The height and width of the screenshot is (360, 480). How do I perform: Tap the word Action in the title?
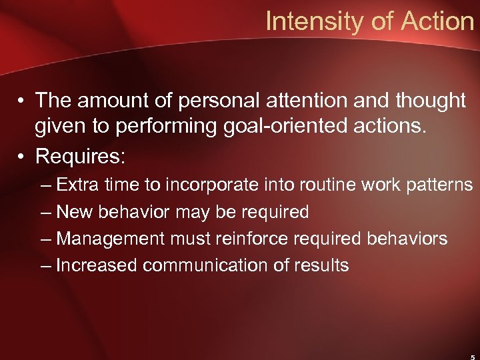437,22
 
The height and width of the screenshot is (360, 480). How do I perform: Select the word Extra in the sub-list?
79,185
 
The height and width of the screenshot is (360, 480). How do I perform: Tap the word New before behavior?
75,212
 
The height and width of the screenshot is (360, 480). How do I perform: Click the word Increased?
97,265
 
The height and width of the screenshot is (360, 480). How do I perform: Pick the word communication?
211,265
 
